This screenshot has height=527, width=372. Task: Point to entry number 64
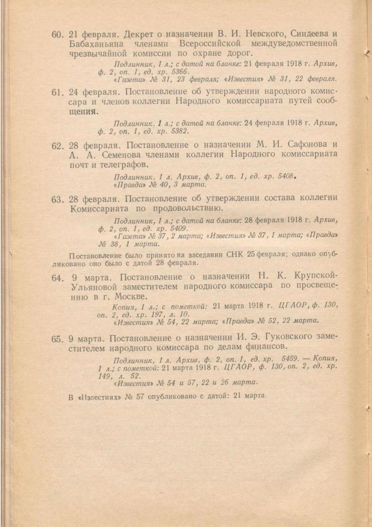pyautogui.click(x=57, y=279)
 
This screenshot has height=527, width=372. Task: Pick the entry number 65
pyautogui.click(x=57, y=339)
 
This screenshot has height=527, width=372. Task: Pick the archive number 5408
pyautogui.click(x=281, y=176)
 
